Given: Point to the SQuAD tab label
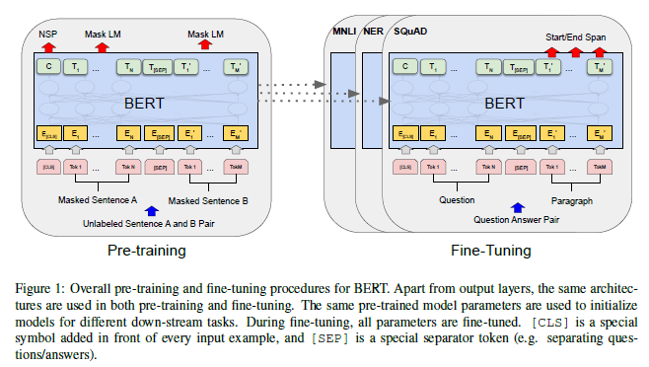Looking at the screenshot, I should tap(409, 33).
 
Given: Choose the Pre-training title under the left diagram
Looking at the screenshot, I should tap(146, 251).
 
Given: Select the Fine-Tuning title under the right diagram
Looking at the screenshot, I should tap(490, 251).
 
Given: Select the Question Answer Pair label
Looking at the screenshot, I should tap(514, 220).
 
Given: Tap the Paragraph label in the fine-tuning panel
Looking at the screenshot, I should tap(573, 198).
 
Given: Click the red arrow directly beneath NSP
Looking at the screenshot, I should tap(46, 44).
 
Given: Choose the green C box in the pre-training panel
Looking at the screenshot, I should tap(46, 67).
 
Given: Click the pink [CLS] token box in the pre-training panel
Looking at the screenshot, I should tap(46, 167).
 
